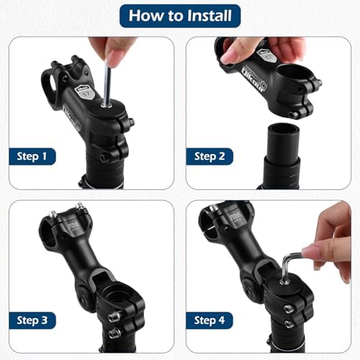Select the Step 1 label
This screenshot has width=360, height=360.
(33, 156)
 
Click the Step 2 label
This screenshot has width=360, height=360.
(211, 156)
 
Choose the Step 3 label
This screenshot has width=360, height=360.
(33, 320)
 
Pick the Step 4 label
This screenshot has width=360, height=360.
(211, 320)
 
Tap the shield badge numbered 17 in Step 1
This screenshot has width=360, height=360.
(87, 91)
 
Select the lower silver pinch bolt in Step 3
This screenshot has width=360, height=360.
(113, 333)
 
